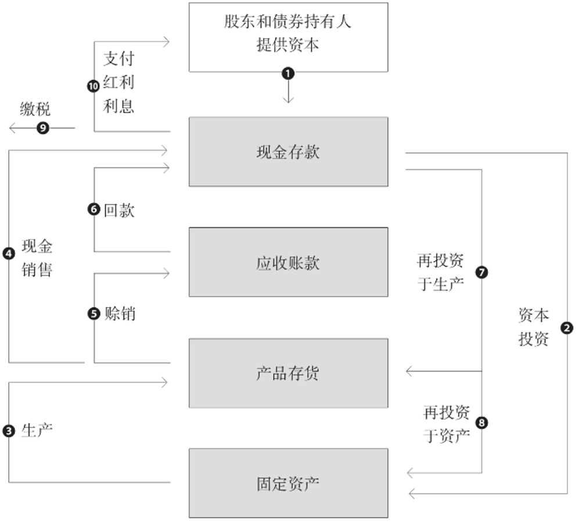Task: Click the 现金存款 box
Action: click(288, 152)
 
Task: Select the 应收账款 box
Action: click(288, 262)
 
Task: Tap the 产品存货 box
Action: click(288, 373)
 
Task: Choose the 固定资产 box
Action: click(288, 483)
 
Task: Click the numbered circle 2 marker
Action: click(567, 328)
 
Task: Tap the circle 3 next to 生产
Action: click(9, 431)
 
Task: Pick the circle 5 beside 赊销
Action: click(94, 314)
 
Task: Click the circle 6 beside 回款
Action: click(94, 210)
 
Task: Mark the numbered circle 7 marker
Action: click(481, 272)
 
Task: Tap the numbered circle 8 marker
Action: click(481, 423)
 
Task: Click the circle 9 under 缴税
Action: click(42, 128)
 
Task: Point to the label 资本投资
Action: click(533, 327)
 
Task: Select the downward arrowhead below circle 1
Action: click(288, 100)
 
